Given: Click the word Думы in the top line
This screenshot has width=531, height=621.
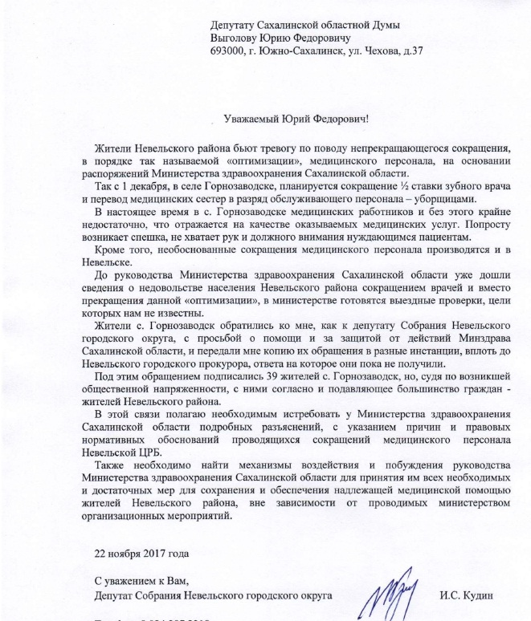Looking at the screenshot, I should (x=406, y=26).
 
